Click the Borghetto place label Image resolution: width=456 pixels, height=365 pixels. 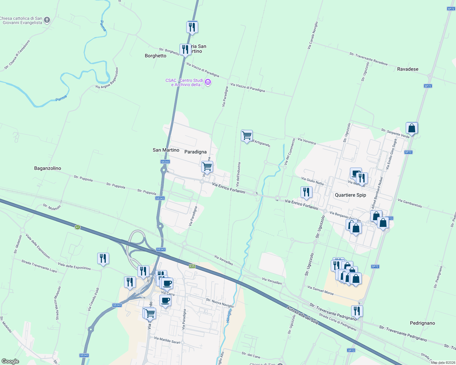(x=155, y=56)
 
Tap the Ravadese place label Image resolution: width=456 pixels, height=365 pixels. (x=408, y=69)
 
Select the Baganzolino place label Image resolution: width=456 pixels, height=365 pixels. (x=48, y=168)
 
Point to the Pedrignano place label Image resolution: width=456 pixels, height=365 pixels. (x=422, y=323)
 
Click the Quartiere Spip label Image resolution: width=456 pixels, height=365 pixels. (x=350, y=195)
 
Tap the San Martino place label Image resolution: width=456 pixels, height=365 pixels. (x=166, y=150)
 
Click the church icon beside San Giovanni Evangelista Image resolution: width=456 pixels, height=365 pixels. (x=47, y=20)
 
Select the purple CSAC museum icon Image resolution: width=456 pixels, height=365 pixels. (x=208, y=82)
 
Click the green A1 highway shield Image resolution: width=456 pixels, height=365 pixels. (x=77, y=227)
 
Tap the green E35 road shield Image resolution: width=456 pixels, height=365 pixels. (x=192, y=266)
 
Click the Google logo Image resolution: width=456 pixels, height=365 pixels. (x=10, y=361)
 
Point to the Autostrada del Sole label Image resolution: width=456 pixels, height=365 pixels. (x=303, y=316)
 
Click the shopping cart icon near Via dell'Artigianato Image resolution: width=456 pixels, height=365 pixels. (x=247, y=135)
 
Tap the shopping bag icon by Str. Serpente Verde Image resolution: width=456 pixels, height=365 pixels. (x=411, y=128)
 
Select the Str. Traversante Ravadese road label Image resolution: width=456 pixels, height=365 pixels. (x=369, y=59)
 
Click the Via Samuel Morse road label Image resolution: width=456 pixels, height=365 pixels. (x=320, y=290)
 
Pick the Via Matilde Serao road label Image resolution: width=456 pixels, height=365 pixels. (x=167, y=340)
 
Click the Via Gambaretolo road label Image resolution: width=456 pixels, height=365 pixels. (x=410, y=203)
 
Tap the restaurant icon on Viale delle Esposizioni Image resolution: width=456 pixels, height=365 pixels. (x=103, y=259)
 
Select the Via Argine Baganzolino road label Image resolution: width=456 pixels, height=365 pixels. (x=107, y=78)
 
